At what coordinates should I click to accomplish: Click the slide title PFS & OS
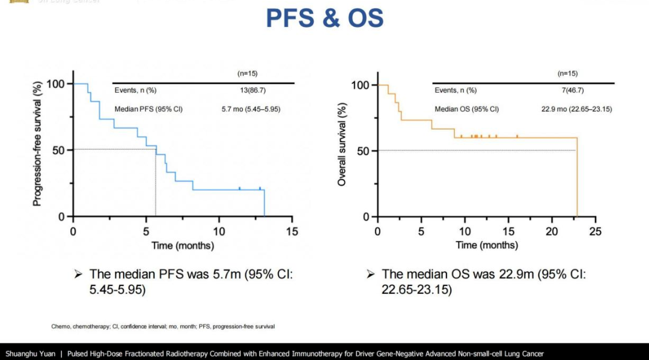[x=324, y=19]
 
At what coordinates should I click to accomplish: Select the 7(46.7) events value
[x=571, y=90]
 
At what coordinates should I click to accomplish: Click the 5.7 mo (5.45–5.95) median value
[x=251, y=109]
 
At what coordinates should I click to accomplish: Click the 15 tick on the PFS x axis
[x=292, y=231]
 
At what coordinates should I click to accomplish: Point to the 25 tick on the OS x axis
[x=596, y=231]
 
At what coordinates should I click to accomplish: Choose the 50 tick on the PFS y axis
[x=58, y=150]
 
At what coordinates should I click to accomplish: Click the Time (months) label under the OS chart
[x=487, y=245]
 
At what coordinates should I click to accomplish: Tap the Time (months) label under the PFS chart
[x=183, y=245]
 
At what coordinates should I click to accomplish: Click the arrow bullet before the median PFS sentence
[x=78, y=275]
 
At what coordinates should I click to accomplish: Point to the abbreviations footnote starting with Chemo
[x=163, y=326]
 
